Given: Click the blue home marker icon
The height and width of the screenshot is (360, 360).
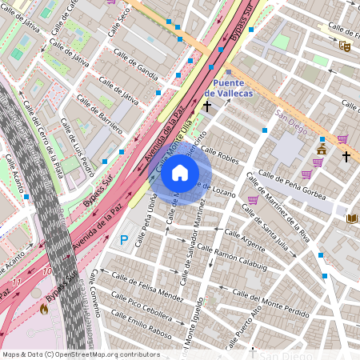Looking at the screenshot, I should pyautogui.click(x=180, y=172).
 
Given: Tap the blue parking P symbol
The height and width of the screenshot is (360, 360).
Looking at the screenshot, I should pyautogui.click(x=123, y=239).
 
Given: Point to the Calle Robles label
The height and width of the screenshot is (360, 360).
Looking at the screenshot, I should pyautogui.click(x=219, y=154).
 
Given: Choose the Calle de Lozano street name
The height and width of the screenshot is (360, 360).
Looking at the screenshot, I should pyautogui.click(x=218, y=189).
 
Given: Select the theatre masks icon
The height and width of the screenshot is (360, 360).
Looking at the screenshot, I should pyautogui.click(x=344, y=46).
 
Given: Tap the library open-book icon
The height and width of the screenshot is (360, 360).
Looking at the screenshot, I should pyautogui.click(x=351, y=218).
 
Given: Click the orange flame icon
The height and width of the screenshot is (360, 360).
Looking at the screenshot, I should pyautogui.click(x=43, y=307).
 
